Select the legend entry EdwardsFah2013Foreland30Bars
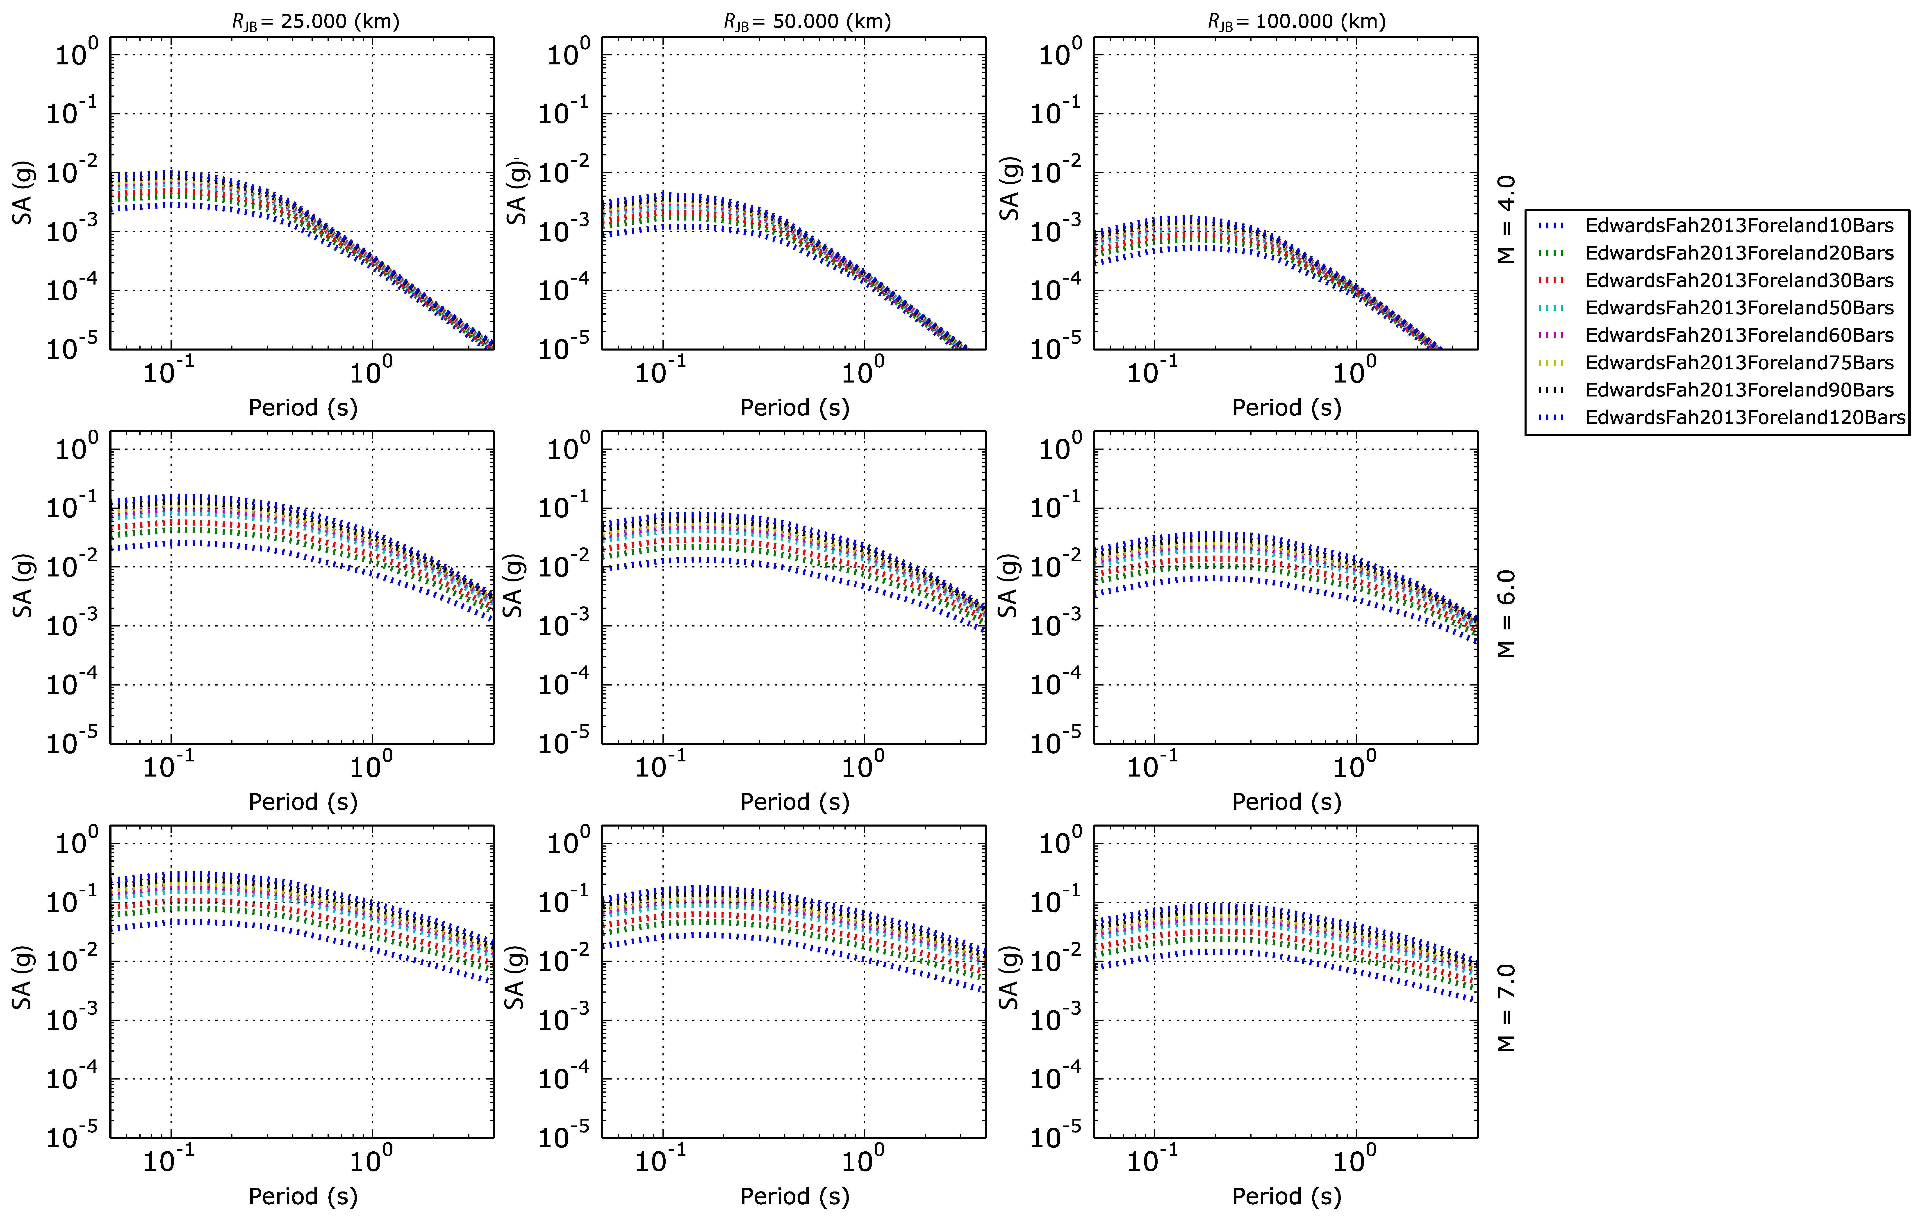pos(1739,280)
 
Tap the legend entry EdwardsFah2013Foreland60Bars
pos(1739,335)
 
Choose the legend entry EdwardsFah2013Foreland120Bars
pos(1746,418)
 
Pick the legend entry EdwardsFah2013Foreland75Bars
pos(1739,362)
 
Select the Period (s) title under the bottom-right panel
pos(1286,1196)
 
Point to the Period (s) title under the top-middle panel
pos(795,407)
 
